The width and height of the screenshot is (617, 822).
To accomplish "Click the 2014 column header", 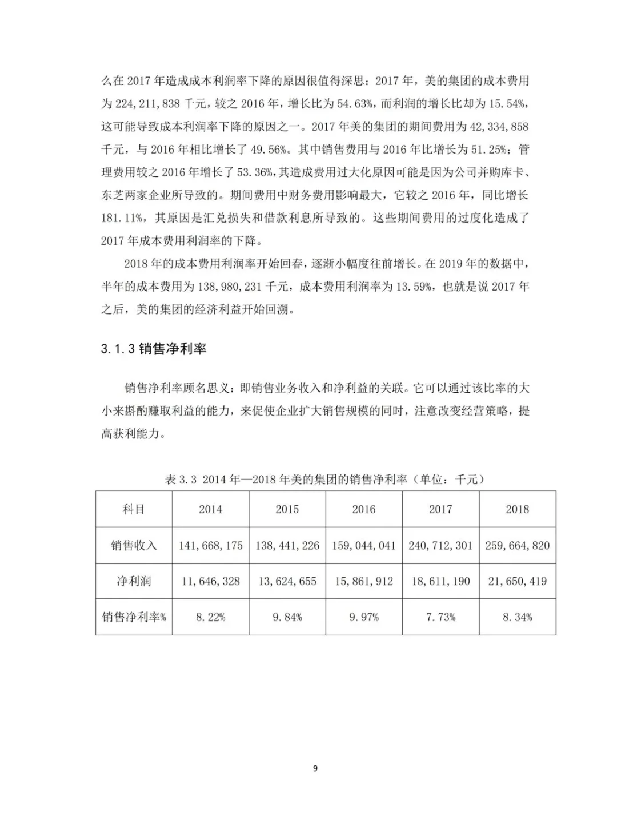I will pos(210,509).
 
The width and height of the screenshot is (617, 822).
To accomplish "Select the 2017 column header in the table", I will pos(440,509).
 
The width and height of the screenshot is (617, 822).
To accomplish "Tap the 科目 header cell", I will pos(134,509).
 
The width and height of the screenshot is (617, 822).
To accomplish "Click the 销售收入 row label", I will pos(134,545).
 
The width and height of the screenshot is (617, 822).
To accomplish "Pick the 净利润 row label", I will pos(134,581).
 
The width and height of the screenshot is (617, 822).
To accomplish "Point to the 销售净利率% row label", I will pos(134,617).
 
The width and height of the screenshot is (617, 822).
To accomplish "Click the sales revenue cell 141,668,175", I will pos(210,545).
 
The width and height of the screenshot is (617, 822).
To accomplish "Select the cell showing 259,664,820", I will pos(517,545).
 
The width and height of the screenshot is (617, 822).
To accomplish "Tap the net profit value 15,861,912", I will pos(364,581).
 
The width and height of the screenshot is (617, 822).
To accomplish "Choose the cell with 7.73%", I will pos(440,617).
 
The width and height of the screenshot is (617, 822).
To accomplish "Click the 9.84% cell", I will pos(287,617).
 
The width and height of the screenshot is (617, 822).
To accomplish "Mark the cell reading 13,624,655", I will pos(287,581).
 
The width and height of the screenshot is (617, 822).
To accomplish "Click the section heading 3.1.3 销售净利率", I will pos(153,348).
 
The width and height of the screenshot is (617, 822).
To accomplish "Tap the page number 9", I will pos(315,768).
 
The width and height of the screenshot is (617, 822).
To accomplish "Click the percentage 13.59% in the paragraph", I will pos(415,287).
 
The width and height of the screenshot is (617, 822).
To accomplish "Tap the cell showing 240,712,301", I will pos(440,545).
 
